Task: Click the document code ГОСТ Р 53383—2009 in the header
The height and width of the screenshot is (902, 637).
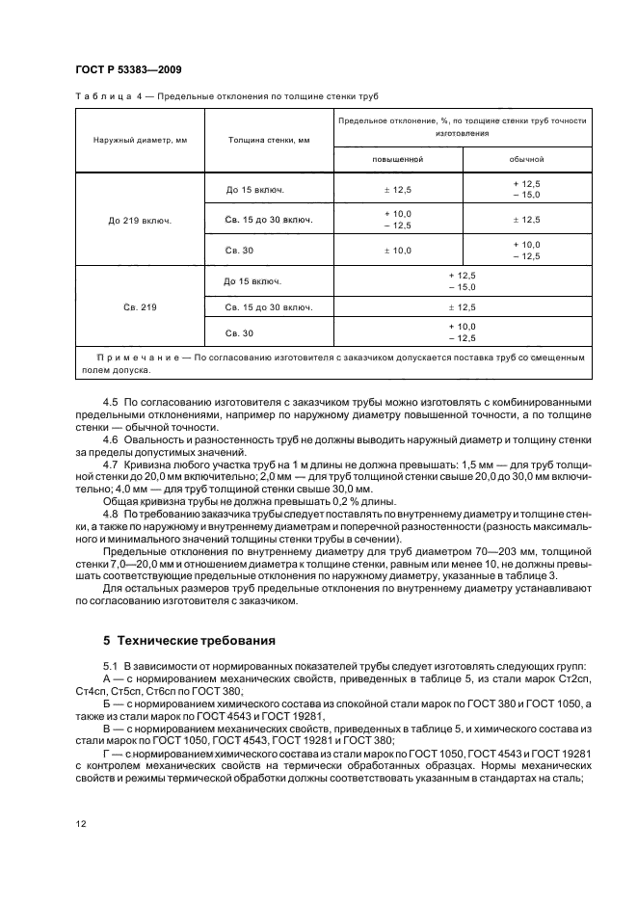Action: click(127, 69)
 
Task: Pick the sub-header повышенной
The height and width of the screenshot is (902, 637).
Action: click(398, 158)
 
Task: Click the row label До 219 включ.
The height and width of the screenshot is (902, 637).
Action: click(140, 220)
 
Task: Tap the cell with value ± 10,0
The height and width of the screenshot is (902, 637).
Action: click(398, 251)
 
